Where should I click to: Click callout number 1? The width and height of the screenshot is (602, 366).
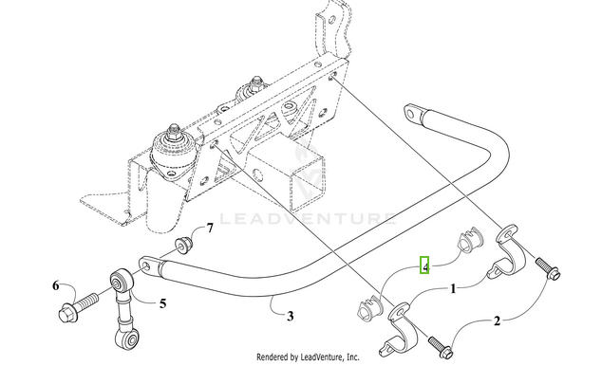pos(453,286)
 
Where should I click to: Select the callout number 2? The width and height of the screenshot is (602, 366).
pos(495,321)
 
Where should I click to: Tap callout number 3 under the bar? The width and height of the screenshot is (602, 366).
pos(291,315)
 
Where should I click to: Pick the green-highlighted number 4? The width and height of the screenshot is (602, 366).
pos(426,265)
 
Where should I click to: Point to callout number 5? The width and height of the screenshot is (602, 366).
pos(162,303)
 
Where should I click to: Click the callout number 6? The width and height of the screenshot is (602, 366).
pos(56,285)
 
